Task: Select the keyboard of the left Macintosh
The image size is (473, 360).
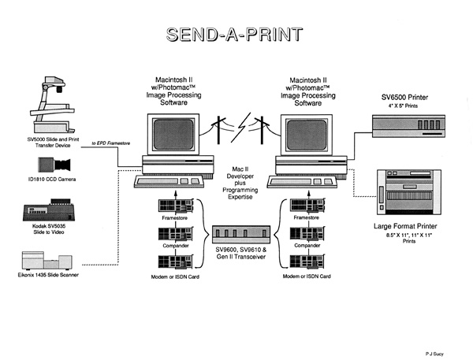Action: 170,180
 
